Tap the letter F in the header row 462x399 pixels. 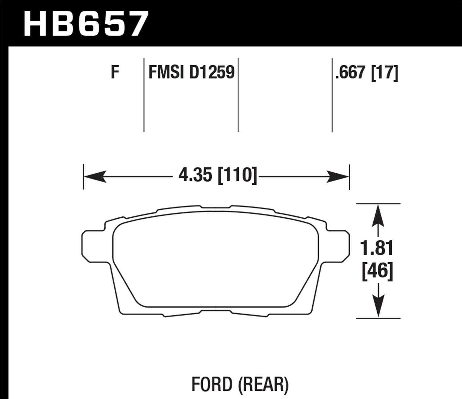coord(115,73)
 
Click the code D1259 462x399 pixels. coord(212,73)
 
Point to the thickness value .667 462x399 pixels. coord(351,73)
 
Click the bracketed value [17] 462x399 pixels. coord(385,73)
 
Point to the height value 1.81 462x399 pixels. coord(377,249)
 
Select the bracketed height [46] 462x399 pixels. coord(378,271)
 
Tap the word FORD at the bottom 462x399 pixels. coord(212,385)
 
